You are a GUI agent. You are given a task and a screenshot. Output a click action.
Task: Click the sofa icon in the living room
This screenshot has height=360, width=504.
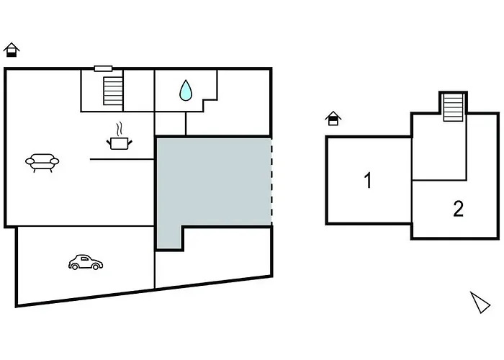pyautogui.click(x=42, y=162)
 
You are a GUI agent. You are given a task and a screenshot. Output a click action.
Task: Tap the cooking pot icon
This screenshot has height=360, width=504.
pyautogui.click(x=120, y=143)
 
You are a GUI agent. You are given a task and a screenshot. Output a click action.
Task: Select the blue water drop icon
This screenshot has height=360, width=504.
pyautogui.click(x=186, y=90)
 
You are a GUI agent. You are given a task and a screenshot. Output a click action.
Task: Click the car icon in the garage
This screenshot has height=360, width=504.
pyautogui.click(x=86, y=262)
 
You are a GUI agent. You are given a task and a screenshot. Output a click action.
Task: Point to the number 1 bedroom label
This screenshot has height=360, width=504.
pyautogui.click(x=368, y=180)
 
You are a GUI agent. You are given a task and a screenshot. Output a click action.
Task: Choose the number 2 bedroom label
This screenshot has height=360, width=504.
pyautogui.click(x=459, y=209)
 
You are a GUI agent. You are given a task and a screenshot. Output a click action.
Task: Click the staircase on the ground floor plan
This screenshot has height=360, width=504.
pyautogui.click(x=113, y=91)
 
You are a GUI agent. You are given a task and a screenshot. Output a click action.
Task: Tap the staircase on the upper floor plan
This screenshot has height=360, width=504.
pyautogui.click(x=453, y=107)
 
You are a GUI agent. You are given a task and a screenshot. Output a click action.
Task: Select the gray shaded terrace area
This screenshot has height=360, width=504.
pyautogui.click(x=212, y=181)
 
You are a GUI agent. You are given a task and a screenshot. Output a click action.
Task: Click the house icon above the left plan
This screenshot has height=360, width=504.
pyautogui.click(x=12, y=50)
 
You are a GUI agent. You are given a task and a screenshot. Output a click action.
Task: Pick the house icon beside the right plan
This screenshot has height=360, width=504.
pyautogui.click(x=333, y=118)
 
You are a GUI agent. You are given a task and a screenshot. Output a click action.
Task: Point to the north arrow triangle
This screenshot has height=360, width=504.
pyautogui.click(x=480, y=302)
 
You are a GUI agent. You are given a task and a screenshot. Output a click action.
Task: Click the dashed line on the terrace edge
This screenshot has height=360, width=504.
pyautogui.click(x=271, y=181)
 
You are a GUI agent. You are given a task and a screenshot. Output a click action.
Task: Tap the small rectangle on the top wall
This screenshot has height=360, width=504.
pyautogui.click(x=103, y=68)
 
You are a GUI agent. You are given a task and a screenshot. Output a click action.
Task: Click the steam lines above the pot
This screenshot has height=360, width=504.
pyautogui.click(x=120, y=129)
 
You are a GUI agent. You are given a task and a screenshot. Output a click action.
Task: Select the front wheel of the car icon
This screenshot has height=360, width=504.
pyautogui.click(x=96, y=266)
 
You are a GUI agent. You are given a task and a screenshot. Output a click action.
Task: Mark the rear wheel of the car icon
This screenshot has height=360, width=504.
pyautogui.click(x=75, y=266)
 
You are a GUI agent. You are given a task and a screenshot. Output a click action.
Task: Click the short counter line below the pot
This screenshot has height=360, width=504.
pyautogui.click(x=122, y=159)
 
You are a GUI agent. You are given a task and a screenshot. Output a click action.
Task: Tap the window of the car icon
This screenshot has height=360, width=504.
pyautogui.click(x=84, y=258)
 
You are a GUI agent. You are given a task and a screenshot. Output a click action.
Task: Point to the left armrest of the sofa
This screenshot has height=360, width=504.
pyautogui.click(x=30, y=161)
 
